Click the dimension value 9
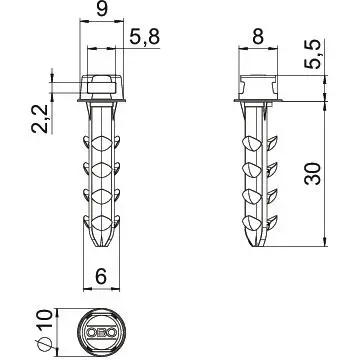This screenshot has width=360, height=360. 102,9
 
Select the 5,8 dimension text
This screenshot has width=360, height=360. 145,37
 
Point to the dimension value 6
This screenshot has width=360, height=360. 101,276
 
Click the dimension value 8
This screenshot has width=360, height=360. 258,36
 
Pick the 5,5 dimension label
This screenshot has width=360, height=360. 313,54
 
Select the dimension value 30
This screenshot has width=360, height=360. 313,174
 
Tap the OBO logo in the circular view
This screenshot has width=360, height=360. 102,332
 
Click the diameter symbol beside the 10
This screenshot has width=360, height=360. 44,344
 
